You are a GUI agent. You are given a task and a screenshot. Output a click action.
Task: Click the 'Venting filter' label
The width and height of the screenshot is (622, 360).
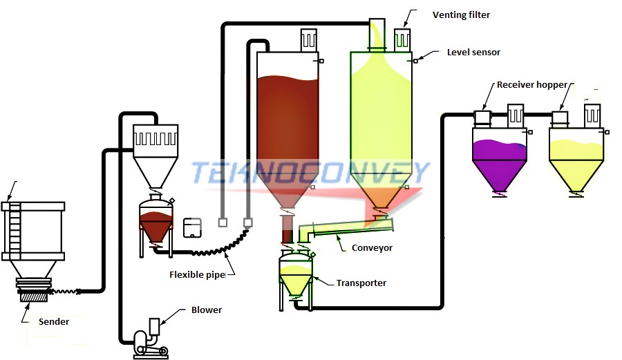[461, 15]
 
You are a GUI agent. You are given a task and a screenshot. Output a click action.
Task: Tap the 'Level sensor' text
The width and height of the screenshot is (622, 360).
[473, 52]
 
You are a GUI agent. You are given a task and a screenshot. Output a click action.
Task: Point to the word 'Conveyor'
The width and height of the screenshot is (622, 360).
[372, 247]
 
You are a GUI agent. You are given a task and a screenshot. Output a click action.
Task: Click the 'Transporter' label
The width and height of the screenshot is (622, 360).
[361, 283]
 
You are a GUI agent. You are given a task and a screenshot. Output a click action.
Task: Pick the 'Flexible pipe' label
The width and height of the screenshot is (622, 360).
[198, 274]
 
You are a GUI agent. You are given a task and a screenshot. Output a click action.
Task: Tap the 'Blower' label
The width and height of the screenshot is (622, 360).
[207, 310]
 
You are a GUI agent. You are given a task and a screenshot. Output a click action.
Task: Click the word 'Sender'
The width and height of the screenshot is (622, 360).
[53, 321]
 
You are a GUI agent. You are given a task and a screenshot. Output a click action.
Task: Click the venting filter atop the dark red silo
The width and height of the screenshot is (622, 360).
[308, 40]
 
